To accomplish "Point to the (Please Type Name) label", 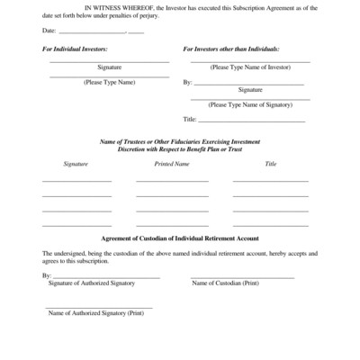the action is pos(109,82).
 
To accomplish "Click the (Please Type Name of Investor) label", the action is pos(251,67).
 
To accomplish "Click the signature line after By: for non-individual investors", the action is pos(252,83).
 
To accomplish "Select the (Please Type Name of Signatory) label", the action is pos(251,105).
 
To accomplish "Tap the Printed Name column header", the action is pos(172,165).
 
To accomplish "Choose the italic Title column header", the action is pos(271,165).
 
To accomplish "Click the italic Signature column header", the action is pos(76,165).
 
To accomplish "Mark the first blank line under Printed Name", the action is pos(172,182).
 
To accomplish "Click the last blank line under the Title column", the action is pos(271,225).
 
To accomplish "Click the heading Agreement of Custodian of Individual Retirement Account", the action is pos(180,238).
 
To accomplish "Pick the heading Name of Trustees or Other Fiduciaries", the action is pos(180,142).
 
